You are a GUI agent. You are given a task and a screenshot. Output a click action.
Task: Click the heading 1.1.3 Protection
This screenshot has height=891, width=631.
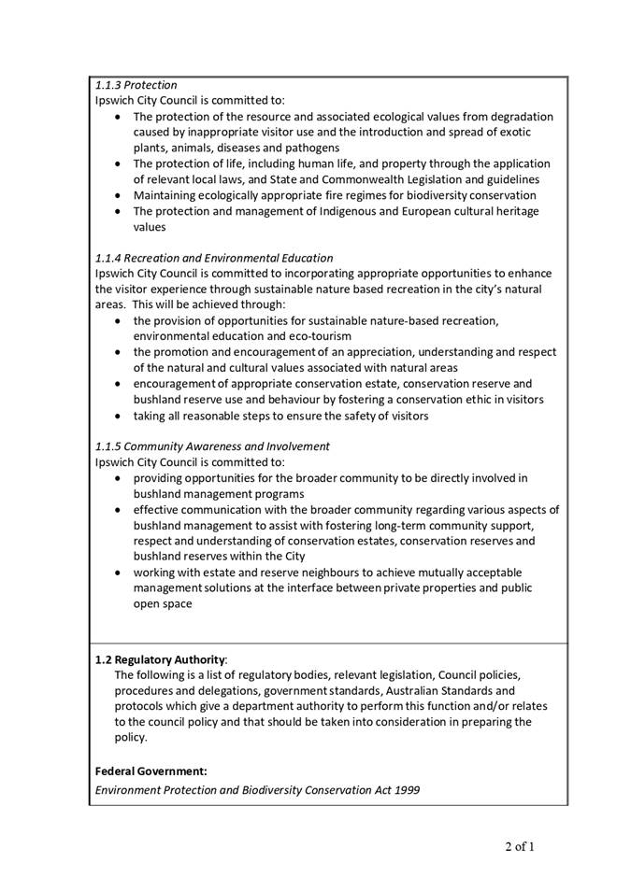136,85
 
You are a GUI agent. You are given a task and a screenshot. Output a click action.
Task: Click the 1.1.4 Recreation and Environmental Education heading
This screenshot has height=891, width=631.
213,258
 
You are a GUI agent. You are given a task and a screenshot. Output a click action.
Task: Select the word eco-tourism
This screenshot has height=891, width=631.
319,336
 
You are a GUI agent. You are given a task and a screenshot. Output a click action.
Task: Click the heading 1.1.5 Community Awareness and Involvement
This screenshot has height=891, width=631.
212,446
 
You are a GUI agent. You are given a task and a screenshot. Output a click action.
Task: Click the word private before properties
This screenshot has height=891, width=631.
422,588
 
